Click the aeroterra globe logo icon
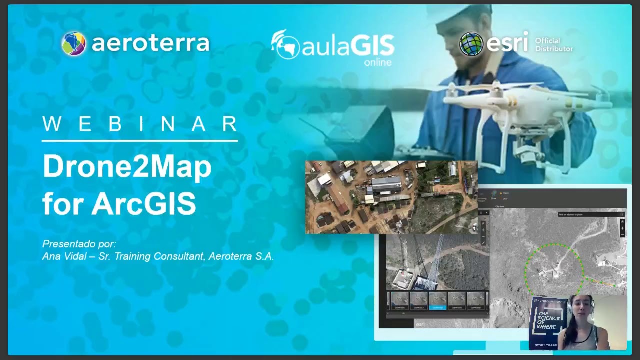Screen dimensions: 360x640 74,44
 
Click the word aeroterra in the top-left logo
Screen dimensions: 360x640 150,44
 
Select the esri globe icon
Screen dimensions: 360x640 471,44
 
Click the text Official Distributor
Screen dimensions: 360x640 554,45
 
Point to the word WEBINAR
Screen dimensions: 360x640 140,124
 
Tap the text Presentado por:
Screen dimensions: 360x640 79,244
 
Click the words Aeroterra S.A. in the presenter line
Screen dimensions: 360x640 241,256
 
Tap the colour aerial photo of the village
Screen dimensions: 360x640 391,197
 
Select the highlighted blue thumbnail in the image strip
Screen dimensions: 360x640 438,301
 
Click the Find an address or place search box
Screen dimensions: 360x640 588,214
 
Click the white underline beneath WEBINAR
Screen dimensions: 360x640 140,141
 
